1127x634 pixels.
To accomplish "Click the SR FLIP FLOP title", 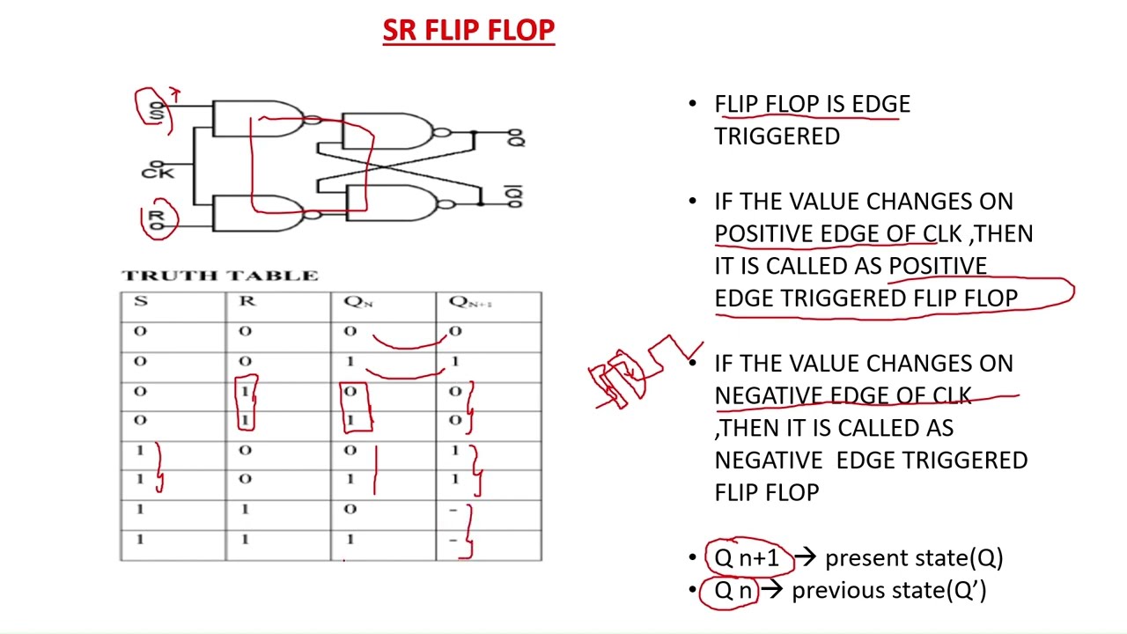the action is [468, 31].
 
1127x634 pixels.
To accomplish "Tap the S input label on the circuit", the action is [158, 112].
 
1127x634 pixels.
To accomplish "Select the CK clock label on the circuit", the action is [158, 172].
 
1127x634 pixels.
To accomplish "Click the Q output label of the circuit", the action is [516, 137].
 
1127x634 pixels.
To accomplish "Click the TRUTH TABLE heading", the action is [219, 276].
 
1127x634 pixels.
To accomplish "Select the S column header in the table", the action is [140, 301].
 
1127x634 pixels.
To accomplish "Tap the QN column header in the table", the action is [357, 302].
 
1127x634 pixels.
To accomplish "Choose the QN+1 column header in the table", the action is [470, 302].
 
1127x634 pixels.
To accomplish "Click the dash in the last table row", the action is [454, 539].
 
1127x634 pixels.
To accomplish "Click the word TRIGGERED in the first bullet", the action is [777, 136].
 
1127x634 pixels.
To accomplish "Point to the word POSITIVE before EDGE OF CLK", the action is [764, 233].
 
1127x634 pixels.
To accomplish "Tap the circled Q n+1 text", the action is [747, 558].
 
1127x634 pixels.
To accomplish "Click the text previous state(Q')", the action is [888, 590].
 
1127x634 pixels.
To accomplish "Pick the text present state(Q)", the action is [913, 558].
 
